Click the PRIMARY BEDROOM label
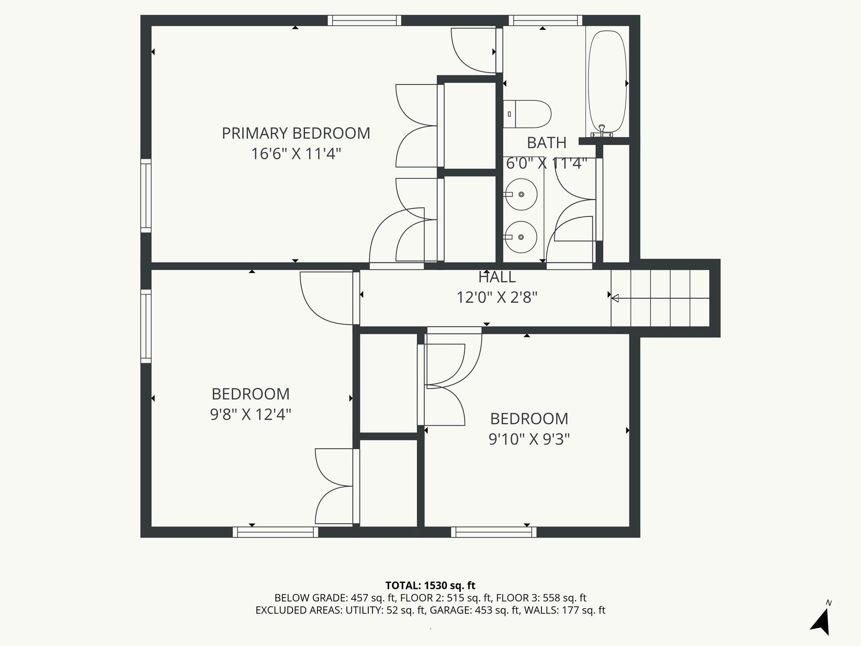point(296,133)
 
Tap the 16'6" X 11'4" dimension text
point(296,154)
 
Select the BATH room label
point(547,143)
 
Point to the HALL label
point(497,277)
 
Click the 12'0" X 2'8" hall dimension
point(497,298)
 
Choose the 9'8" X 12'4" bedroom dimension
point(251,415)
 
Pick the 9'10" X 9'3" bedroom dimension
point(529,439)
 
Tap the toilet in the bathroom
point(527,114)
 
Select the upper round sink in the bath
point(521,194)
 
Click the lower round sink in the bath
point(520,237)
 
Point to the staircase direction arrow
point(660,298)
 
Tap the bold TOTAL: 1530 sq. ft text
point(430,585)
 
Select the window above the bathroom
point(546,21)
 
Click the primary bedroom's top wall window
point(364,21)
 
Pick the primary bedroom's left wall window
point(146,196)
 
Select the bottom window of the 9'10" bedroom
point(494,532)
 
